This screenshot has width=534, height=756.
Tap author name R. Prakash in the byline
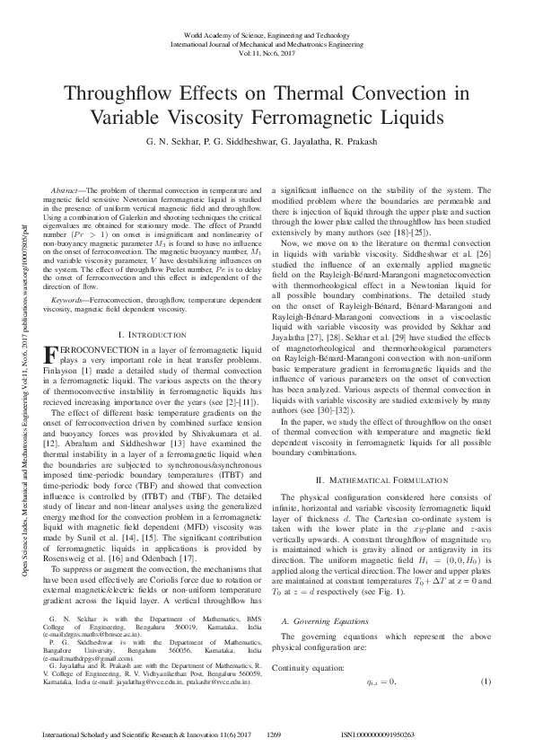click(363, 142)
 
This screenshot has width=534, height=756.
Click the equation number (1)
click(486, 658)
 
